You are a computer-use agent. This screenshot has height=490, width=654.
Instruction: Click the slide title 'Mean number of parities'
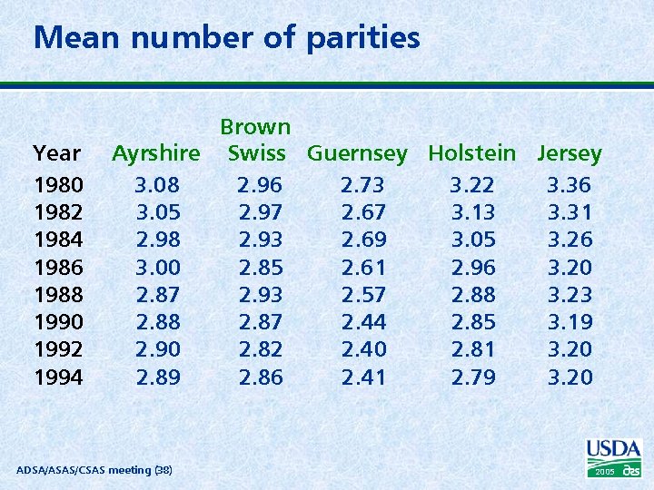tap(226, 38)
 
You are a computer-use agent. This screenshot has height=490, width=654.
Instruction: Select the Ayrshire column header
tap(156, 153)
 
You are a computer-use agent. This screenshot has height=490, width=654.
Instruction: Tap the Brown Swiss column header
tap(256, 140)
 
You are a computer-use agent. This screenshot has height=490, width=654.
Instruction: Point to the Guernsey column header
tap(357, 153)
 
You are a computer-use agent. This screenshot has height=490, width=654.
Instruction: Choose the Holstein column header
tap(471, 153)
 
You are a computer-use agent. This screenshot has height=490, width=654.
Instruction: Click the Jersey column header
tap(569, 153)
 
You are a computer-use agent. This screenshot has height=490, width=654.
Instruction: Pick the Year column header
tap(56, 153)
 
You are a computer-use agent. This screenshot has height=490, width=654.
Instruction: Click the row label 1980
tap(58, 186)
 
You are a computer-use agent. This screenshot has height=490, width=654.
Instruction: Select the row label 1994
tap(58, 377)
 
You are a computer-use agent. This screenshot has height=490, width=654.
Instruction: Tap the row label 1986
tap(58, 268)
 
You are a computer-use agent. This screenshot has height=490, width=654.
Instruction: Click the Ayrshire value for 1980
tap(157, 186)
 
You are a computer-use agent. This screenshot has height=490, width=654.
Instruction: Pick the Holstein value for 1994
tap(473, 377)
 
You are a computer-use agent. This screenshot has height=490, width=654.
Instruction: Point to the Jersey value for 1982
tap(570, 213)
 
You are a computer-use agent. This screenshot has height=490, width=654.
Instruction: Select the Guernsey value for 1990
tap(362, 322)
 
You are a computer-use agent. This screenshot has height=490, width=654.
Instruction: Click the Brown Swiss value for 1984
tap(261, 240)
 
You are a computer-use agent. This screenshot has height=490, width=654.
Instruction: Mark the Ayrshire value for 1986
tap(157, 268)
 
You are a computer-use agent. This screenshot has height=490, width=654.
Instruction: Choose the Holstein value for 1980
tap(473, 186)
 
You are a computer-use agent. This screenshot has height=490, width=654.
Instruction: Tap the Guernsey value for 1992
tap(362, 349)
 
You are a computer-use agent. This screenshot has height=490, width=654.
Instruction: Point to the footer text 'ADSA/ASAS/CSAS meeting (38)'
tap(94, 469)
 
